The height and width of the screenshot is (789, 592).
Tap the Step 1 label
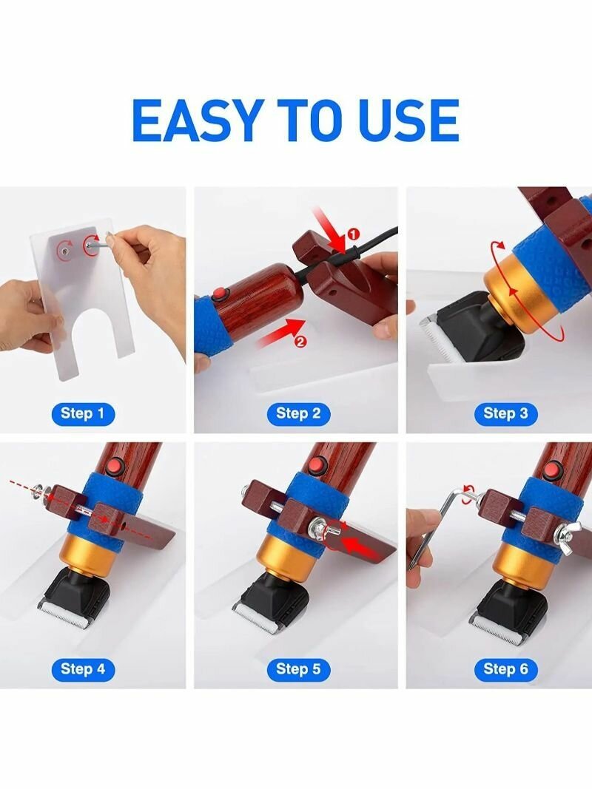point(83,414)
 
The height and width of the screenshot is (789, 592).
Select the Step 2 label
point(298,414)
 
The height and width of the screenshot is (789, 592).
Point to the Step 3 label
point(505,414)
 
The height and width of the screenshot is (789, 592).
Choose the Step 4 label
point(83,669)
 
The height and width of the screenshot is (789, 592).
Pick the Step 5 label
point(298,669)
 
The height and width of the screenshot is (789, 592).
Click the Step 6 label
point(505,669)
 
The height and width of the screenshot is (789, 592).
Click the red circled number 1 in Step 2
point(354,234)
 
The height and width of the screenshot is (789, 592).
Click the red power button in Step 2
point(219,294)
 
